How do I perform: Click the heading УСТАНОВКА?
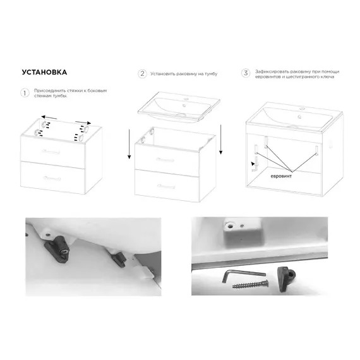44,73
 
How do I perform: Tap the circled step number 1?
25,93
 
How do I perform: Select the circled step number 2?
142,74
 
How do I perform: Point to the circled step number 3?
246,73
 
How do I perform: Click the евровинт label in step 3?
281,176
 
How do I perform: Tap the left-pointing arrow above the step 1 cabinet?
49,117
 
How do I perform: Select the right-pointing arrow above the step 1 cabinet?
83,123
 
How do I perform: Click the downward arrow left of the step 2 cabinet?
129,144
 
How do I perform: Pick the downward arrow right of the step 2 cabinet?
220,140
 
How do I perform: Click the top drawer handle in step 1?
51,152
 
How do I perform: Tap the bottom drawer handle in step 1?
52,178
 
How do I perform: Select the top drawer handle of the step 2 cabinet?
165,160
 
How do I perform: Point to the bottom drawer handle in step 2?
166,186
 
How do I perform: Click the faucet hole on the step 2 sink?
186,99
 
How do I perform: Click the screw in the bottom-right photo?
250,285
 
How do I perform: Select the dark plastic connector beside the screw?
285,279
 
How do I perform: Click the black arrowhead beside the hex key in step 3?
253,164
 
